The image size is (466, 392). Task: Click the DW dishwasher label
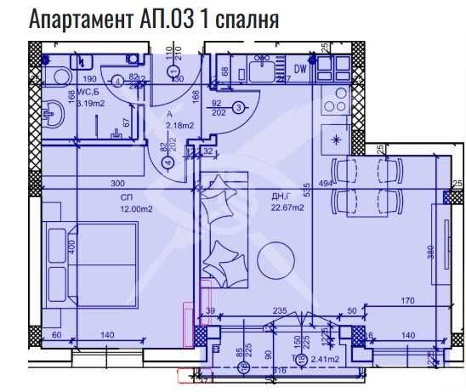299,69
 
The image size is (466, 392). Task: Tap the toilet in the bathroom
59,77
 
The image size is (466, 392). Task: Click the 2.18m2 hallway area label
179,126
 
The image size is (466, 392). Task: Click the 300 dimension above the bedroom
117,183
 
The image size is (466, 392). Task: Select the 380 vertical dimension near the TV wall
431,253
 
